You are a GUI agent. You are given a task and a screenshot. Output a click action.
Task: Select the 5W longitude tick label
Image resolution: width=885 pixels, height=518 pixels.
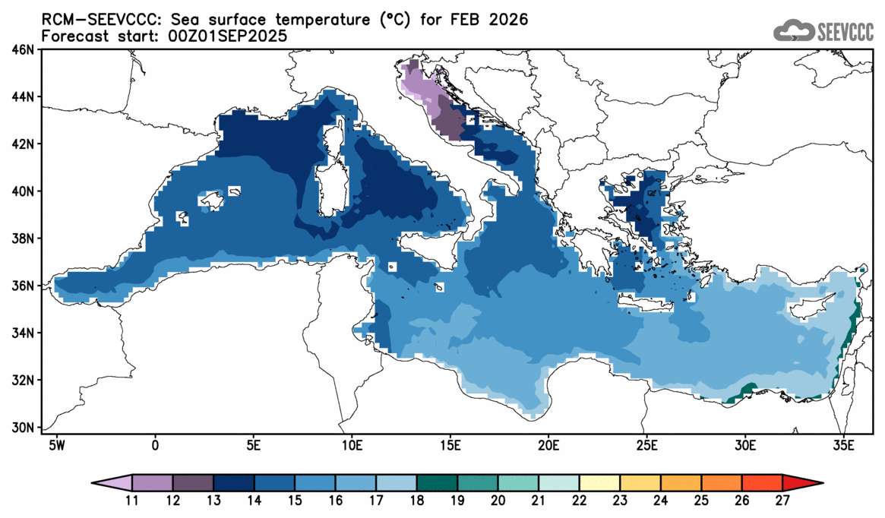point(56,444)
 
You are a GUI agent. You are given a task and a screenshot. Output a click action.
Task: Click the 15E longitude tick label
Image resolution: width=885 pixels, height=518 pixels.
point(450,444)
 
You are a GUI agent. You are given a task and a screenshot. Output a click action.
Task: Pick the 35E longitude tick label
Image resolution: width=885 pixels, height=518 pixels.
point(843,444)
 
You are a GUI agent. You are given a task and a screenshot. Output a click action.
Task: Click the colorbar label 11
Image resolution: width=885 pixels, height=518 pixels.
point(132,501)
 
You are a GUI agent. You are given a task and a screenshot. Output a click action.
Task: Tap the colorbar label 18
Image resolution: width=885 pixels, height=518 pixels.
point(417,501)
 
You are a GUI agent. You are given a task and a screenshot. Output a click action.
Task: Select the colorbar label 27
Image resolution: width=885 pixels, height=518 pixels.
point(783,501)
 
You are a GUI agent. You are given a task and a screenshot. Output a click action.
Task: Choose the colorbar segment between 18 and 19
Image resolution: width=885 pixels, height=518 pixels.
point(438,482)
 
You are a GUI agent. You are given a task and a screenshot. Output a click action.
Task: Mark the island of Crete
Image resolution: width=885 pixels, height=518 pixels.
point(646,304)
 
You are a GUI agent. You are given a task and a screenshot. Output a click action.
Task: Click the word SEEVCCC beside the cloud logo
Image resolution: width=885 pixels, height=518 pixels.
point(845,31)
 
